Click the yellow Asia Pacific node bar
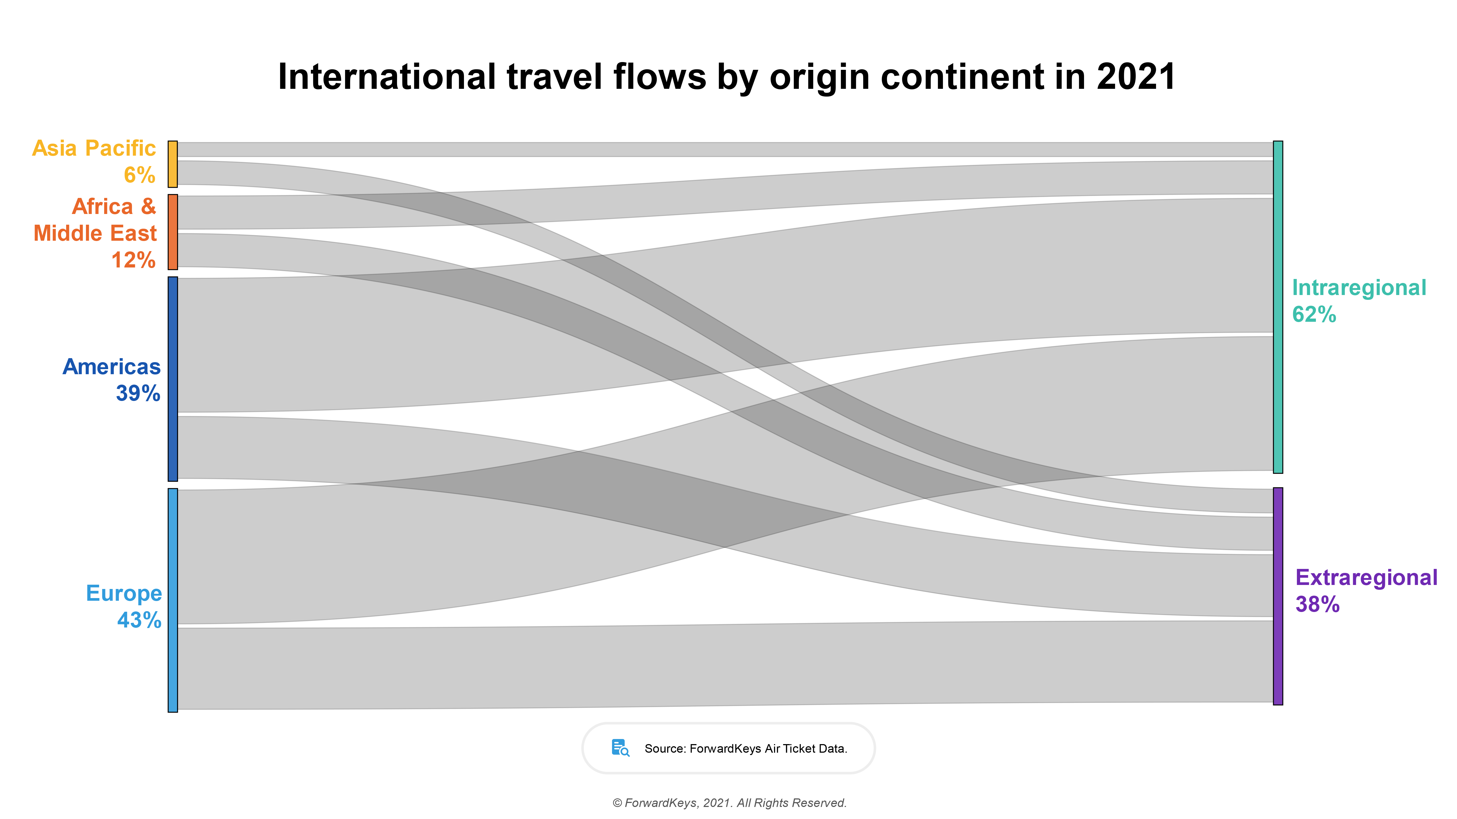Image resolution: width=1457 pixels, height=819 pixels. point(172,164)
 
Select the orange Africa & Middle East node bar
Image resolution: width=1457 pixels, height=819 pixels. point(172,232)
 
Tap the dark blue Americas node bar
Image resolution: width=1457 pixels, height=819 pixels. point(172,379)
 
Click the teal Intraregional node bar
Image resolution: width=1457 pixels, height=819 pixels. point(1278,307)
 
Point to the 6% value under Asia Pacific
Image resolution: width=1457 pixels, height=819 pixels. point(139,175)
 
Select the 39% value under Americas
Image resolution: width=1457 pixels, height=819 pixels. point(138,393)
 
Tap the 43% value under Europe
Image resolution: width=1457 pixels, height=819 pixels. point(139,620)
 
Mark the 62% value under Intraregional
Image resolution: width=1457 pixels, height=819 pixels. point(1314,314)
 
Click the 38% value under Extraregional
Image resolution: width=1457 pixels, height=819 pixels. point(1317,604)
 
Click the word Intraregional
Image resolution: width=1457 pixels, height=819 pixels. point(1358,288)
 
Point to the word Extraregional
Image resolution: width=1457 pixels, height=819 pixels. point(1366,578)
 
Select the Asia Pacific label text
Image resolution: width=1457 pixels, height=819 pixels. point(94,148)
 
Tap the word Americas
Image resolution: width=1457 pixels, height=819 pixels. point(111,367)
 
